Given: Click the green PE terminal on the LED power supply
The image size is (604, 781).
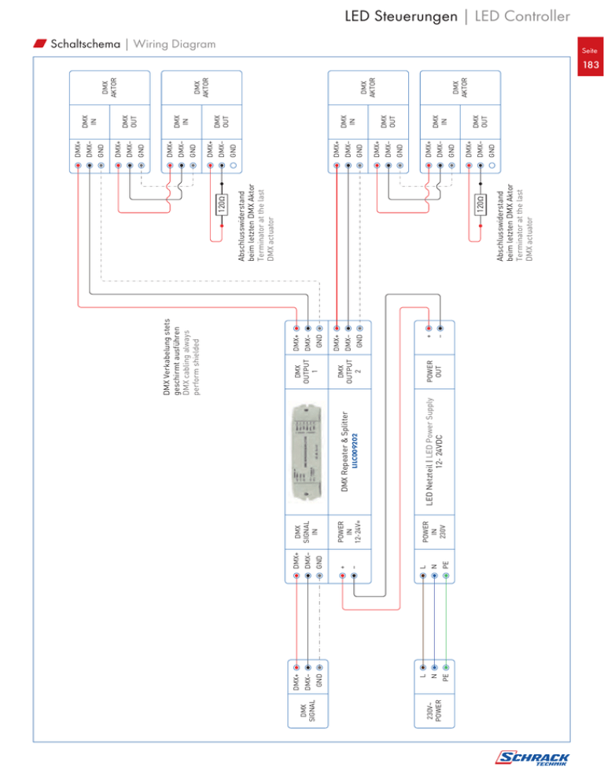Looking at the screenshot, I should point(446,577).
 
